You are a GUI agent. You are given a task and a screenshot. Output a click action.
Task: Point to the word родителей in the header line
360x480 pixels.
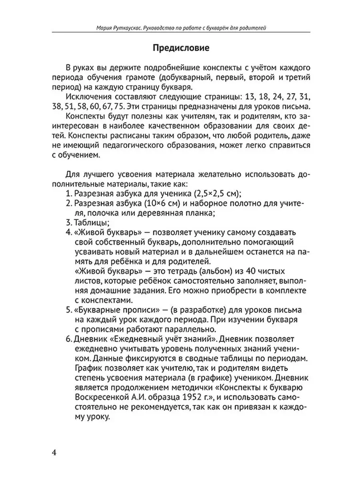pyautogui.click(x=254, y=28)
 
